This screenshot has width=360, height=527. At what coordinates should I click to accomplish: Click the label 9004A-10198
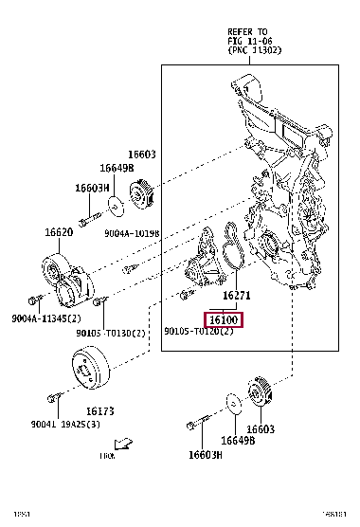(x=132, y=232)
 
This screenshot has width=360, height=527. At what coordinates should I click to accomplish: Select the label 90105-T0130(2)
(x=112, y=333)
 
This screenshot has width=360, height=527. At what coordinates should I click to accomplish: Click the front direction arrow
(x=120, y=443)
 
